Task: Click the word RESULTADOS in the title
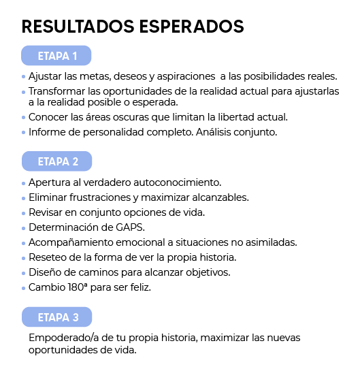tap(78, 27)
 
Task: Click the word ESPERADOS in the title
tap(191, 27)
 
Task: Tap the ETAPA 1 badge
tap(56, 56)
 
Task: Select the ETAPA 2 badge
tap(57, 161)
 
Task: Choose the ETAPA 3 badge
tap(57, 317)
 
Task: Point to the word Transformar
tap(56, 91)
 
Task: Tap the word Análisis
tap(214, 132)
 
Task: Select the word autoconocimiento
tap(178, 182)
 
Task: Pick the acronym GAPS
tap(130, 227)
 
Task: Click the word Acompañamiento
tap(71, 242)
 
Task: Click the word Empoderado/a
tap(63, 338)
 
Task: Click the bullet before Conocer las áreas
tap(24, 117)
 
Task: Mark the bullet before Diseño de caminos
tap(24, 273)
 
